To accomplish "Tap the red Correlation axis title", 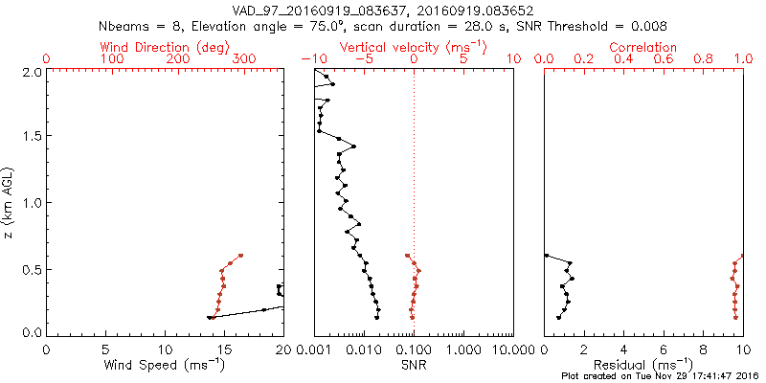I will (642, 47).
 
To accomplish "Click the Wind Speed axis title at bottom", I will (165, 364).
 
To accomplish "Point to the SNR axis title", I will (414, 364).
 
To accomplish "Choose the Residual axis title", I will (642, 364).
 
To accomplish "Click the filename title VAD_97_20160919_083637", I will (319, 11).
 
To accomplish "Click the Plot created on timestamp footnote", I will (660, 375).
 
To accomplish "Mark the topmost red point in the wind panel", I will (241, 256).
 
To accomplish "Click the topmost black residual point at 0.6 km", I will (546, 256).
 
